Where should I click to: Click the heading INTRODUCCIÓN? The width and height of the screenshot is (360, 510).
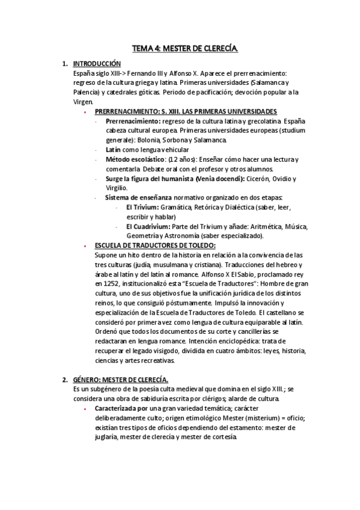click(97, 63)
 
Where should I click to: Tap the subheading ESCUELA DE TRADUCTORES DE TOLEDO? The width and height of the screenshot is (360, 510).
click(155, 245)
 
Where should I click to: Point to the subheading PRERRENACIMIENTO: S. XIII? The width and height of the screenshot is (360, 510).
click(150, 111)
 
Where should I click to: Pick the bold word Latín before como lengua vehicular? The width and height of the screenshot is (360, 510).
click(113, 149)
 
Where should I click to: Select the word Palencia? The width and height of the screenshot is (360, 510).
click(85, 92)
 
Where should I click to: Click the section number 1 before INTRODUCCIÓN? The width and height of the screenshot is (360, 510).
click(65, 63)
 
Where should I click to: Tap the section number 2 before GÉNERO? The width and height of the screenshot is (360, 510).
click(65, 379)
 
